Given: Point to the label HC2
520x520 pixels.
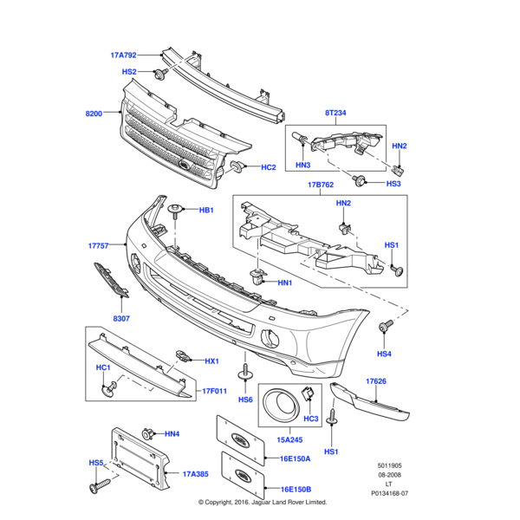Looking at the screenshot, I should tap(269, 166).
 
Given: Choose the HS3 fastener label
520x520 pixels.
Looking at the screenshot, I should tap(393, 184).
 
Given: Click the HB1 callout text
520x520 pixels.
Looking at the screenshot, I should tap(206, 211).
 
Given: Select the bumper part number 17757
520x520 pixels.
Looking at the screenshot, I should tap(98, 246).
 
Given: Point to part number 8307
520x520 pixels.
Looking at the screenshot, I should tap(120, 320).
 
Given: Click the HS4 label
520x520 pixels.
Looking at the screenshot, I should tap(384, 354).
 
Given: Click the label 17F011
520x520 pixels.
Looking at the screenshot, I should tap(215, 390).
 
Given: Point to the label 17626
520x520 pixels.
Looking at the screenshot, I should tap(375, 380).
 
